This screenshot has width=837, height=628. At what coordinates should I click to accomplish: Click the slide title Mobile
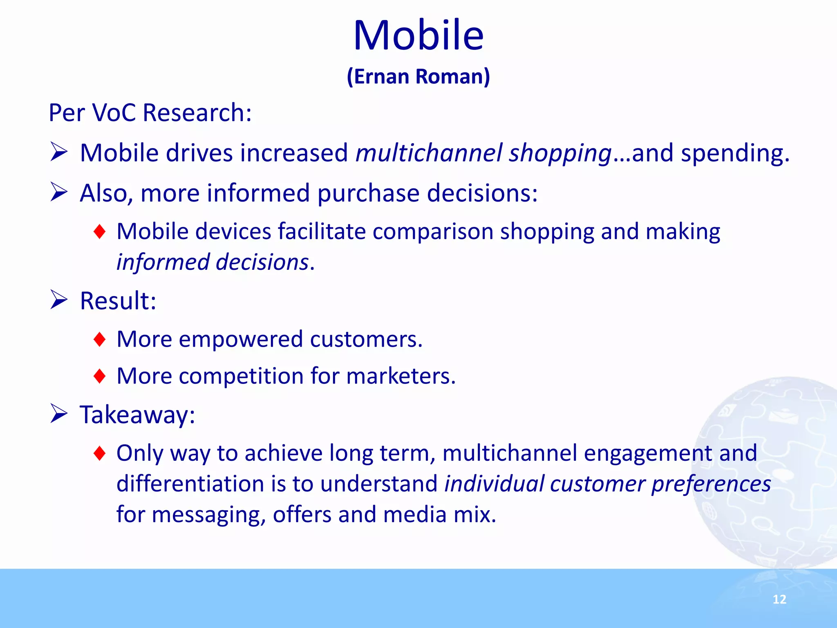pyautogui.click(x=418, y=36)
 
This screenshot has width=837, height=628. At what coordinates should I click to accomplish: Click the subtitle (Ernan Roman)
pyautogui.click(x=418, y=76)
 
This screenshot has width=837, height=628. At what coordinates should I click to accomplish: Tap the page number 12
pyautogui.click(x=779, y=599)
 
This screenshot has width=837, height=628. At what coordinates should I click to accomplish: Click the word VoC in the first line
pyautogui.click(x=114, y=112)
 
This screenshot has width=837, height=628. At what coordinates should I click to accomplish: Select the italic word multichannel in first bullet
pyautogui.click(x=429, y=153)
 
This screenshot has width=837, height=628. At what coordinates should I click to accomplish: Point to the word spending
pyautogui.click(x=734, y=153)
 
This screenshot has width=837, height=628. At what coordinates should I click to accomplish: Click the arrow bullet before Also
pyautogui.click(x=59, y=192)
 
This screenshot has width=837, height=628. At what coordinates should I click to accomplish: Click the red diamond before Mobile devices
pyautogui.click(x=99, y=232)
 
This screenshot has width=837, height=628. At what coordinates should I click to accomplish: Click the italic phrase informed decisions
pyautogui.click(x=213, y=262)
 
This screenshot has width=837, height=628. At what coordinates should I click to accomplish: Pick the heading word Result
pyautogui.click(x=117, y=301)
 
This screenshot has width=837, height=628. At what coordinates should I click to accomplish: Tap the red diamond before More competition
pyautogui.click(x=99, y=376)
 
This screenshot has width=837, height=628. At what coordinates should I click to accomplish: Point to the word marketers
pyautogui.click(x=400, y=376)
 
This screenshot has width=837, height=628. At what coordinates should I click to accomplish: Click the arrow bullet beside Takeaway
pyautogui.click(x=59, y=414)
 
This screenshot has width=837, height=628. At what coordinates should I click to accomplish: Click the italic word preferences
pyautogui.click(x=711, y=484)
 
